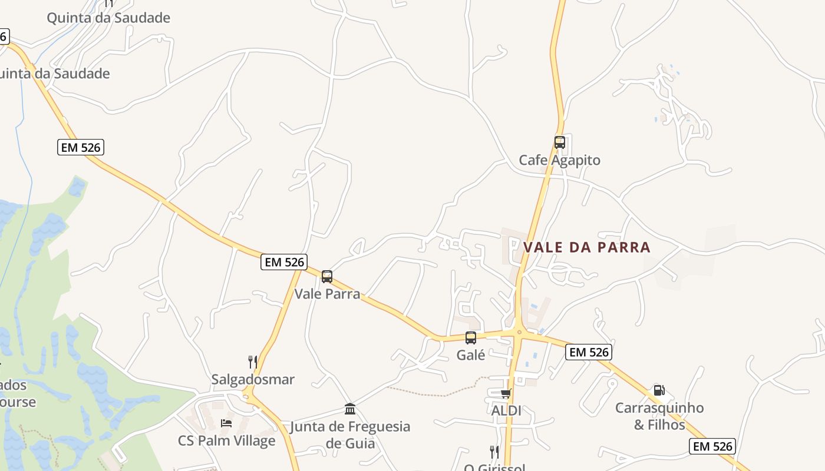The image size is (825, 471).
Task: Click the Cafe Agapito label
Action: (x=559, y=160)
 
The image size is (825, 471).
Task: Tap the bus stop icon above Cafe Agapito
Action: (x=559, y=142)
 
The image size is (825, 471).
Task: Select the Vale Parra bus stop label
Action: (x=327, y=293)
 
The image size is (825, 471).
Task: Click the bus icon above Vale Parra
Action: (x=326, y=276)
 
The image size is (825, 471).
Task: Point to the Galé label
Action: (x=471, y=355)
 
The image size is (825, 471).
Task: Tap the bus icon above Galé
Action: (x=470, y=338)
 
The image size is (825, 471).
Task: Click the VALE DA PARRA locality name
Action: (x=587, y=247)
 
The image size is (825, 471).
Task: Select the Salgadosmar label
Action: (x=253, y=379)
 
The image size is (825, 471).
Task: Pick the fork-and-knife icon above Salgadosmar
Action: (x=252, y=361)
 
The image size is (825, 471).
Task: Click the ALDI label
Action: (x=506, y=410)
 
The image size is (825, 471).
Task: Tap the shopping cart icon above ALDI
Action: (x=506, y=393)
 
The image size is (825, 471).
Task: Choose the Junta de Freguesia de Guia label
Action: (x=350, y=434)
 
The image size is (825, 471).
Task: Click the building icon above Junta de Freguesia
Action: (x=350, y=409)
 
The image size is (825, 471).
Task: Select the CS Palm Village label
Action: (x=226, y=440)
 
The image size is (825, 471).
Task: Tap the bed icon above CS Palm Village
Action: (x=226, y=423)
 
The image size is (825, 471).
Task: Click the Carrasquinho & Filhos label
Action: (x=659, y=416)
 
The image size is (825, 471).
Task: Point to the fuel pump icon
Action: (x=659, y=390)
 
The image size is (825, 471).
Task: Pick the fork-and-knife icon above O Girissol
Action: (x=494, y=452)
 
